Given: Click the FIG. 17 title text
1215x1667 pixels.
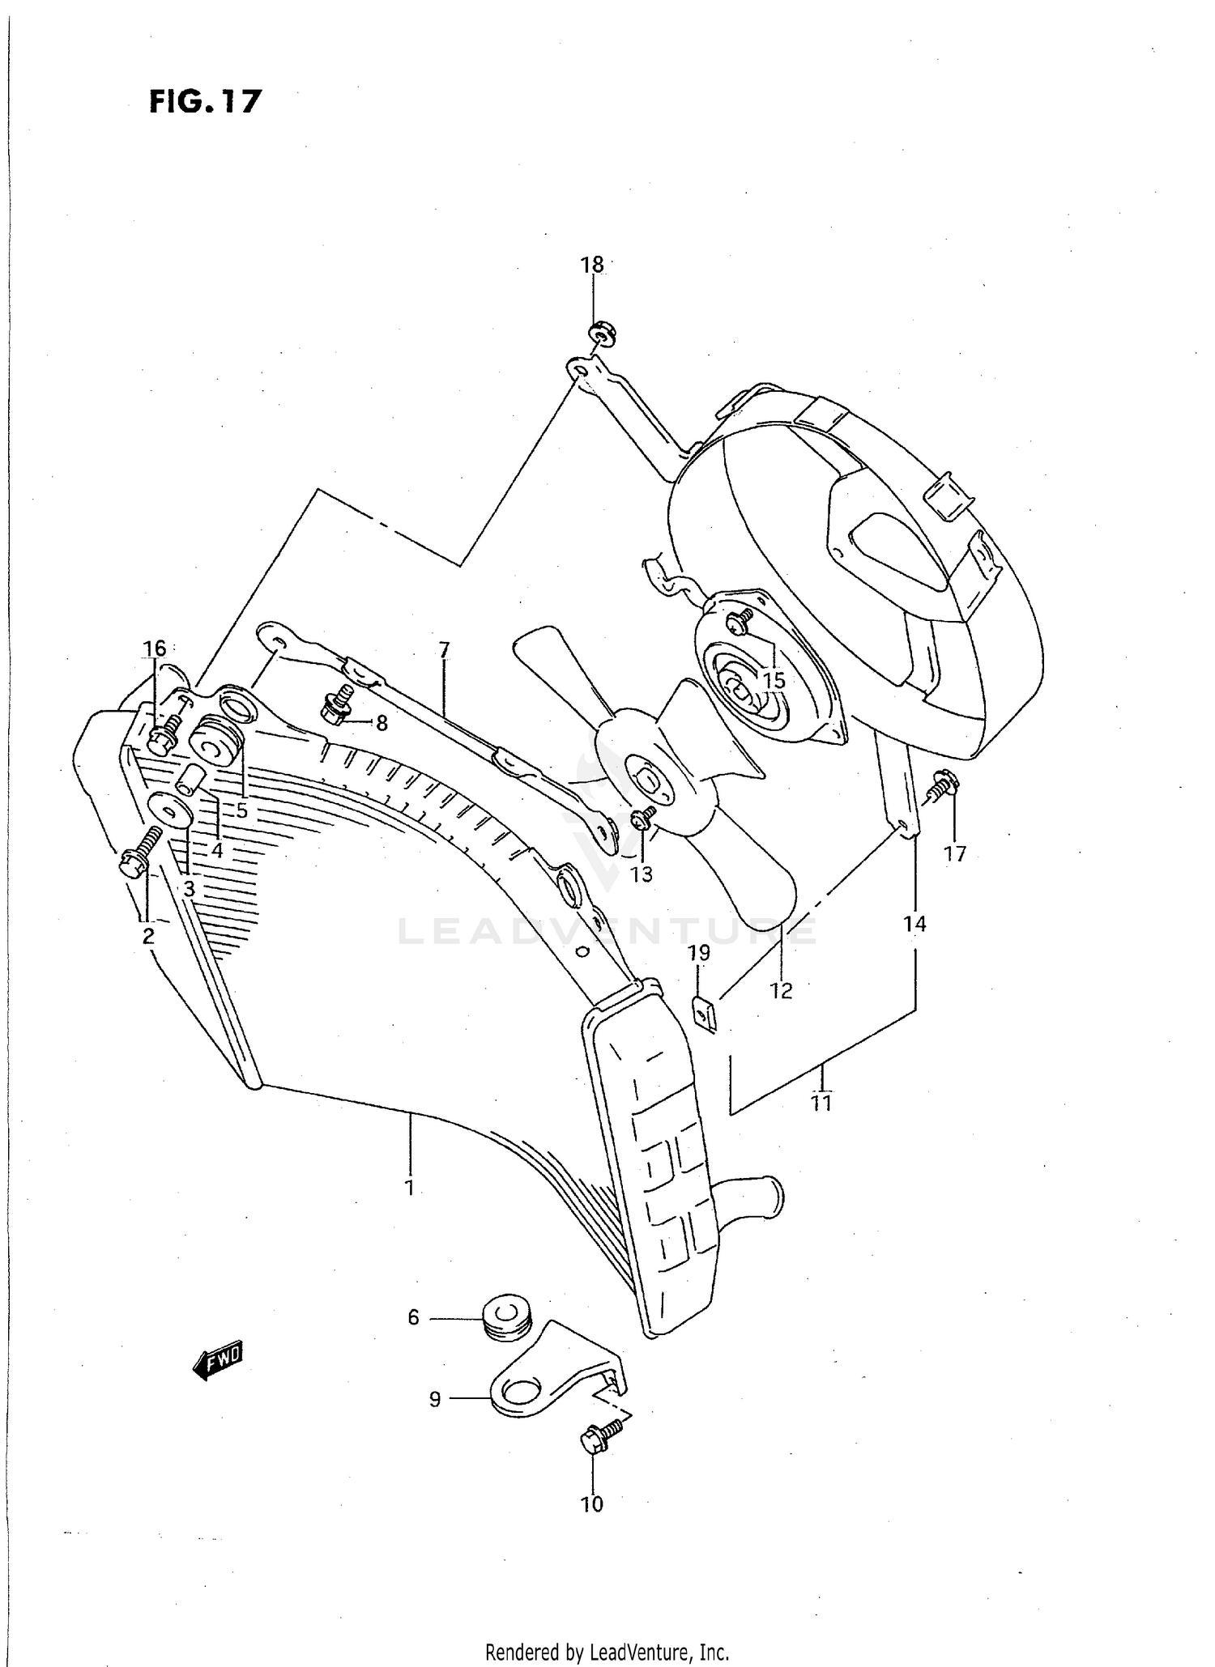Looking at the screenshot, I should point(206,102).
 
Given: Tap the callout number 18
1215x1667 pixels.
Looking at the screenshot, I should point(592,265).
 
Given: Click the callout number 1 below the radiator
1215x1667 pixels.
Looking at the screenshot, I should point(410,1188).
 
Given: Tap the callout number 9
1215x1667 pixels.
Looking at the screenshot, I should point(435,1398).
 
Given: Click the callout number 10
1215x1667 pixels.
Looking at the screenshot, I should point(592,1503).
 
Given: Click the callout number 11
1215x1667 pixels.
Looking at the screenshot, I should point(821,1103).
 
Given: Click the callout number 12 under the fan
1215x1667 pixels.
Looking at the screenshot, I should point(781,990).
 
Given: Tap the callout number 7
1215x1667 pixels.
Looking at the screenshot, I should point(444,650).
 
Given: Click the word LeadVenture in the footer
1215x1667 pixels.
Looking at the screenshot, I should point(640,1652).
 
